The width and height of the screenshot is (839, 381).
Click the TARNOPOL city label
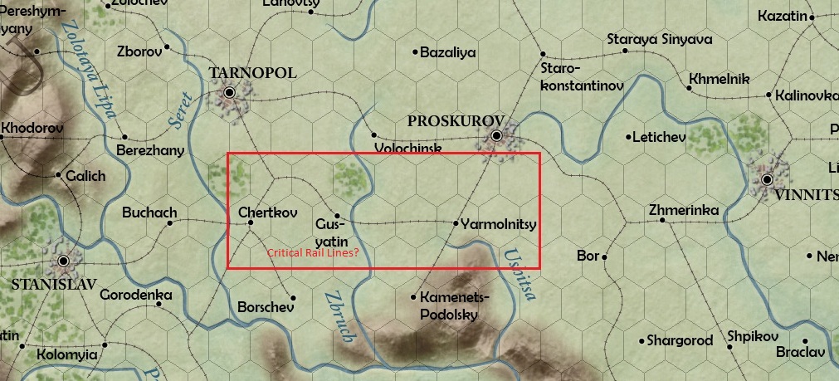[253, 74]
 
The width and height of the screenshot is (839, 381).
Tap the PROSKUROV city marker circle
[496, 135]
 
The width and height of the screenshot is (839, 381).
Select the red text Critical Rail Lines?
[313, 252]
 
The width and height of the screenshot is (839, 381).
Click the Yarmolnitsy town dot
[456, 223]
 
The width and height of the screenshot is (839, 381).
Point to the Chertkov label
[267, 212]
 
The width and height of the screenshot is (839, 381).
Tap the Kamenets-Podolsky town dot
[414, 296]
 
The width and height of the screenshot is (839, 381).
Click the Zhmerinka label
[685, 210]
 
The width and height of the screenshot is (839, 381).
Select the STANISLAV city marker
[63, 261]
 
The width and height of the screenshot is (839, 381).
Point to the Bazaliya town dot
[416, 52]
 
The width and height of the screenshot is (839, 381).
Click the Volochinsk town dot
[374, 135]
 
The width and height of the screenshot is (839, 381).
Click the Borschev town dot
[292, 298]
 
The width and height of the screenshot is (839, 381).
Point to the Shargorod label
[680, 340]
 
